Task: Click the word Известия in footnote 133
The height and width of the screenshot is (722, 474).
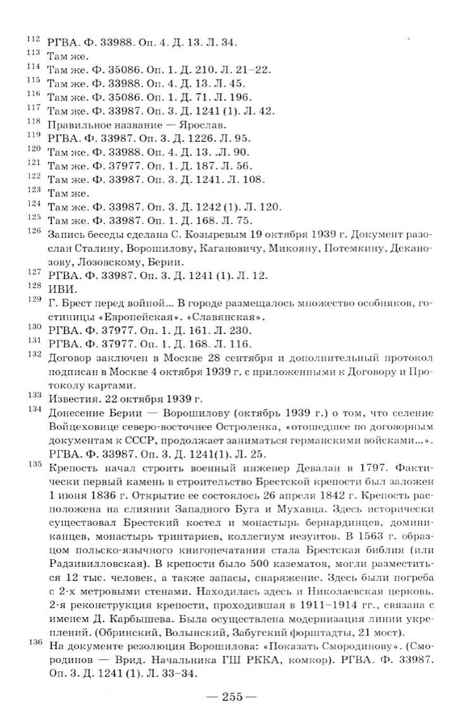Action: point(72,398)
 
